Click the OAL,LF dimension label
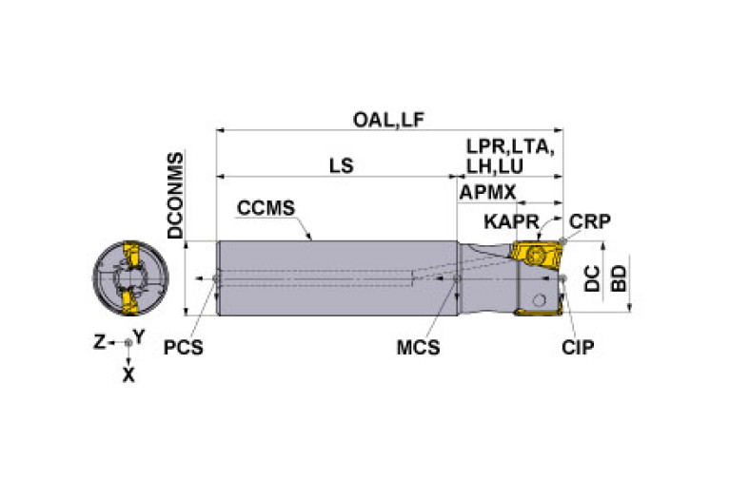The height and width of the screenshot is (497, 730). (x=388, y=120)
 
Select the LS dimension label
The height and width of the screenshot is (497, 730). (x=342, y=165)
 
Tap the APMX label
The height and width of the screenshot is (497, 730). (x=487, y=192)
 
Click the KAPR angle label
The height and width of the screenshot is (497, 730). (x=511, y=221)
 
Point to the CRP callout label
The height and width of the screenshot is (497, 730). (x=590, y=221)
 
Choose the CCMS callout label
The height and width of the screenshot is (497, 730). (x=266, y=208)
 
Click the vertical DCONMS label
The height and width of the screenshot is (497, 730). (x=175, y=195)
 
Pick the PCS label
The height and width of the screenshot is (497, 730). (x=183, y=347)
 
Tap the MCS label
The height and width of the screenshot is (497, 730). (x=418, y=347)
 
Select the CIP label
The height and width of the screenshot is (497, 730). (x=578, y=347)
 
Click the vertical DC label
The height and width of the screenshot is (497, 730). (x=592, y=278)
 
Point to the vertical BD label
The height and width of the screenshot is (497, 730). (x=619, y=278)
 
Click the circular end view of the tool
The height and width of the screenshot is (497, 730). (x=130, y=277)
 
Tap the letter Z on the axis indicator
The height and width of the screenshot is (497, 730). (x=99, y=342)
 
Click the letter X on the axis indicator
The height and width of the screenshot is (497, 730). (x=128, y=374)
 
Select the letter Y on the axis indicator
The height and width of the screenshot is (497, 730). (x=139, y=336)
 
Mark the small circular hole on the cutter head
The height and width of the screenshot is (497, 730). (x=539, y=300)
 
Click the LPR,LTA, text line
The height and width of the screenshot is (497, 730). (x=510, y=147)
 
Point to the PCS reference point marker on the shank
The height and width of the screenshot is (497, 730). (x=215, y=278)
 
